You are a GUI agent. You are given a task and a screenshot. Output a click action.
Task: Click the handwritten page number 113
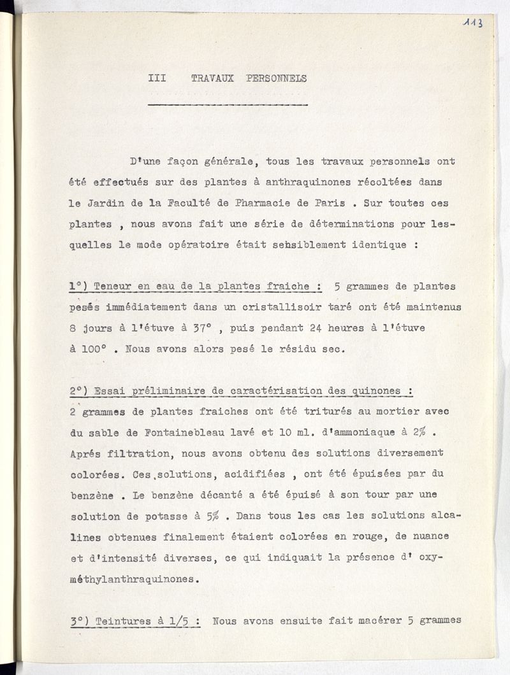pos(473,23)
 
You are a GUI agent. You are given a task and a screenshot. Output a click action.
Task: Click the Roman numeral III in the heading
pos(157,78)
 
